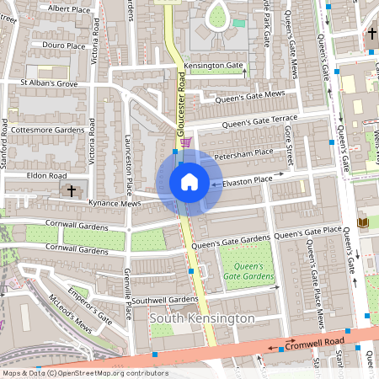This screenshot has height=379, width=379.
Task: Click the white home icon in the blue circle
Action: pyautogui.click(x=189, y=182)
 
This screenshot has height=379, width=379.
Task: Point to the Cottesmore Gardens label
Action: pyautogui.click(x=49, y=130)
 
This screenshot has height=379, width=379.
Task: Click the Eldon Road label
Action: pyautogui.click(x=45, y=175)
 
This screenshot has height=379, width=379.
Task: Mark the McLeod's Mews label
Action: pyautogui.click(x=70, y=312)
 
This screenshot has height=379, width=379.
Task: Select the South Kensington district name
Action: pyautogui.click(x=201, y=319)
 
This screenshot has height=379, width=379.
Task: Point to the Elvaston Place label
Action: pyautogui.click(x=260, y=179)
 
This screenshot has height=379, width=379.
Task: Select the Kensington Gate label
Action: pyautogui.click(x=214, y=65)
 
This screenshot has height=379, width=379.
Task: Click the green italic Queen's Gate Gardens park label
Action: pyautogui.click(x=248, y=271)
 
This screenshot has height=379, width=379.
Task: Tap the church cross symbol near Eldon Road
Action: pyautogui.click(x=72, y=190)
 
